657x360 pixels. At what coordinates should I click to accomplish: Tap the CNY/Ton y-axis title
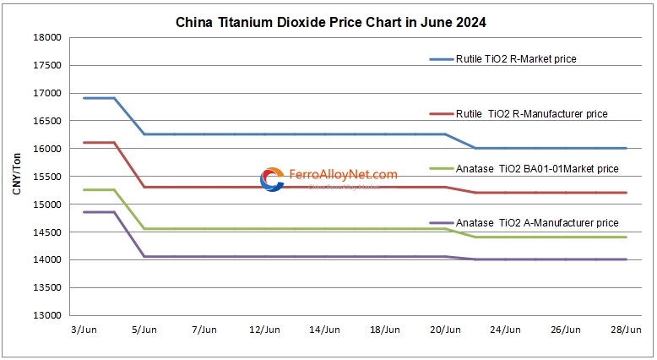pos(17,174)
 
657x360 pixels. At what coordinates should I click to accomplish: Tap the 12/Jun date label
pos(264,329)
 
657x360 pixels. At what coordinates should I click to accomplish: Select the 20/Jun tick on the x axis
pos(446,329)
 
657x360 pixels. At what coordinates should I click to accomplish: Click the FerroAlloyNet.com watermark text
pos(343,175)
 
